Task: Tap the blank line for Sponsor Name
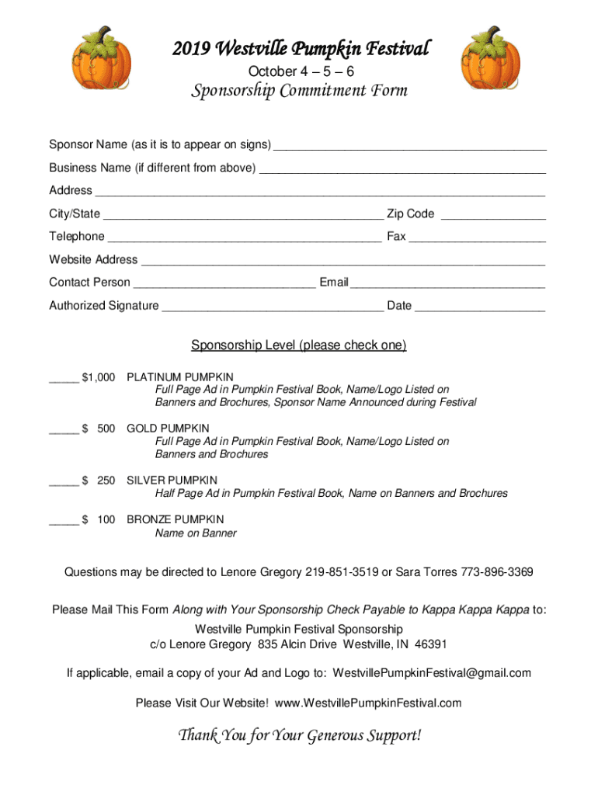pos(410,146)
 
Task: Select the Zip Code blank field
pos(493,215)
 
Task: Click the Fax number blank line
pos(477,238)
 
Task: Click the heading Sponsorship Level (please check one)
pos(299,345)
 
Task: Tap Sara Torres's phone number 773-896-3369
pos(497,573)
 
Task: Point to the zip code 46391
pos(431,644)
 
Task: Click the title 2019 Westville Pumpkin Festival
pos(300,49)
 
